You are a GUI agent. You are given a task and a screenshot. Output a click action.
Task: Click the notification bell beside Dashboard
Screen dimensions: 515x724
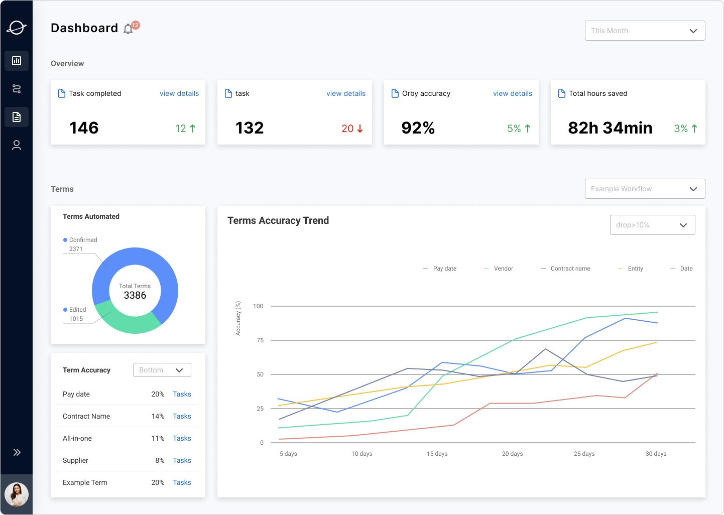coord(129,29)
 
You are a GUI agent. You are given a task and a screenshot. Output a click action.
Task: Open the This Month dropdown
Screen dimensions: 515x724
coord(645,31)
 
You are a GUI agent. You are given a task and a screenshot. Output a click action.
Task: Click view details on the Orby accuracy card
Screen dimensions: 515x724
coord(512,93)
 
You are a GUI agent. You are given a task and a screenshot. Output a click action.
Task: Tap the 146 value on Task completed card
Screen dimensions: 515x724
coord(84,128)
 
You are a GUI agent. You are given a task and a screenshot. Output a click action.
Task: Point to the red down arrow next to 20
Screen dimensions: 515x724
coord(360,129)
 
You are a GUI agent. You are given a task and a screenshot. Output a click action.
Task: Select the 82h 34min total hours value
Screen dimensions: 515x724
coord(610,128)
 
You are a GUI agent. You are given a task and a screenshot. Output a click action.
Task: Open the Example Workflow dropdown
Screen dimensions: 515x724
coord(645,189)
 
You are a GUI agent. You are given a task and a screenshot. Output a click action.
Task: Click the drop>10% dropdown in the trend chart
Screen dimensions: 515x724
coord(652,225)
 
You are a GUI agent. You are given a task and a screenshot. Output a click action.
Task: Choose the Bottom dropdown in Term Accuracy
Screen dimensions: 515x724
coord(162,370)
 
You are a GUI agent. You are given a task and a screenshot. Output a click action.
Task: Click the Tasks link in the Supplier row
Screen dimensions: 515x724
coord(182,460)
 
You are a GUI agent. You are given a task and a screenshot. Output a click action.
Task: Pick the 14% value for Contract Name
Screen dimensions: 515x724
coord(158,416)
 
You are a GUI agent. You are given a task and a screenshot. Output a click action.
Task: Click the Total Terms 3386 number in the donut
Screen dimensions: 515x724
coord(135,296)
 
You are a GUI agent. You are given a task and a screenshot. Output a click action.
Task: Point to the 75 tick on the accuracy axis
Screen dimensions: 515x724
coord(260,340)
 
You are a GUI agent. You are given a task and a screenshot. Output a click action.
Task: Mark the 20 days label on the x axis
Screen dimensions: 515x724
coord(512,454)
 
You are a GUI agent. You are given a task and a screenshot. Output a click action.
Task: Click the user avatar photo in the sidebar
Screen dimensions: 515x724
coord(17,494)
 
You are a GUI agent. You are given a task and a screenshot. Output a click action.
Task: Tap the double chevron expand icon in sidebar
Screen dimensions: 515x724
coord(17,452)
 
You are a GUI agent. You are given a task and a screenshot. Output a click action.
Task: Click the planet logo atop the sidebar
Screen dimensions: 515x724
coord(17,28)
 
